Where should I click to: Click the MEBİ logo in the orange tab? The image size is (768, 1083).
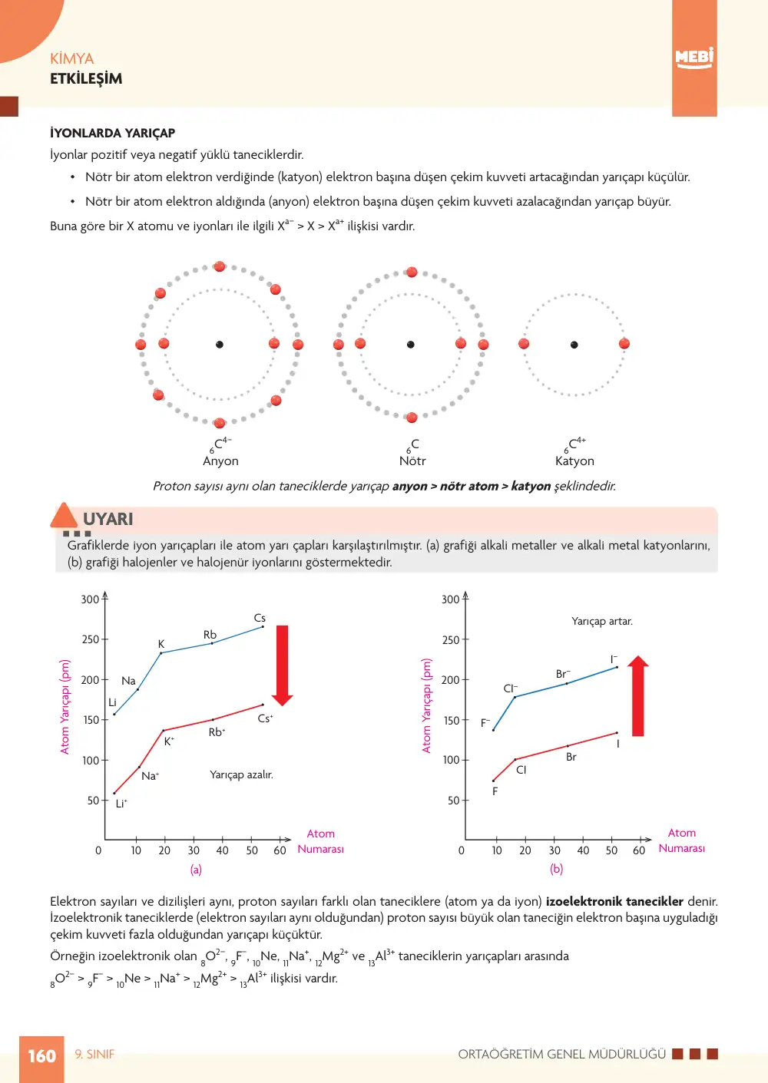[694, 58]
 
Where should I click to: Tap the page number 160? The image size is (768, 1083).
[41, 1055]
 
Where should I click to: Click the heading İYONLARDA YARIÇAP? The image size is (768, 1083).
[112, 133]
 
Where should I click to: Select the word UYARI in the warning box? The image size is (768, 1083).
[108, 519]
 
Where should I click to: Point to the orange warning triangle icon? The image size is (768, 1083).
[63, 515]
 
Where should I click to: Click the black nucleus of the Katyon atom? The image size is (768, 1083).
[574, 345]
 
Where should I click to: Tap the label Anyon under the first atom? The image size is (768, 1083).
[220, 461]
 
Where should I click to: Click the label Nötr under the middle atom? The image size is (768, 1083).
[412, 461]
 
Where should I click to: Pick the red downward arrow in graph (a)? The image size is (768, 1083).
[282, 665]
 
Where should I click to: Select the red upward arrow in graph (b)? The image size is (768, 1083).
[638, 695]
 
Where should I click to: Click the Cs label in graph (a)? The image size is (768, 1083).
[260, 618]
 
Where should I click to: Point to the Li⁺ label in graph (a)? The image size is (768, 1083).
[121, 804]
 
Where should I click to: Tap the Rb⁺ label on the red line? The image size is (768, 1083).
[217, 732]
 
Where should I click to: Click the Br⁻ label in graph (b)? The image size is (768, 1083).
[563, 674]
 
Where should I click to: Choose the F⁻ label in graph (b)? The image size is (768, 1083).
[485, 723]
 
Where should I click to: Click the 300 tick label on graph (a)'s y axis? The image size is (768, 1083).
[90, 599]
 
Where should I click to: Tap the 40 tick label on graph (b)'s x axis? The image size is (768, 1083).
[583, 850]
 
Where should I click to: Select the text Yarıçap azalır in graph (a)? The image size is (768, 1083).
[241, 774]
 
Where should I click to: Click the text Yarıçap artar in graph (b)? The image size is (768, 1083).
[602, 621]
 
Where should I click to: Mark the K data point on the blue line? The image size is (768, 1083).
[161, 652]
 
